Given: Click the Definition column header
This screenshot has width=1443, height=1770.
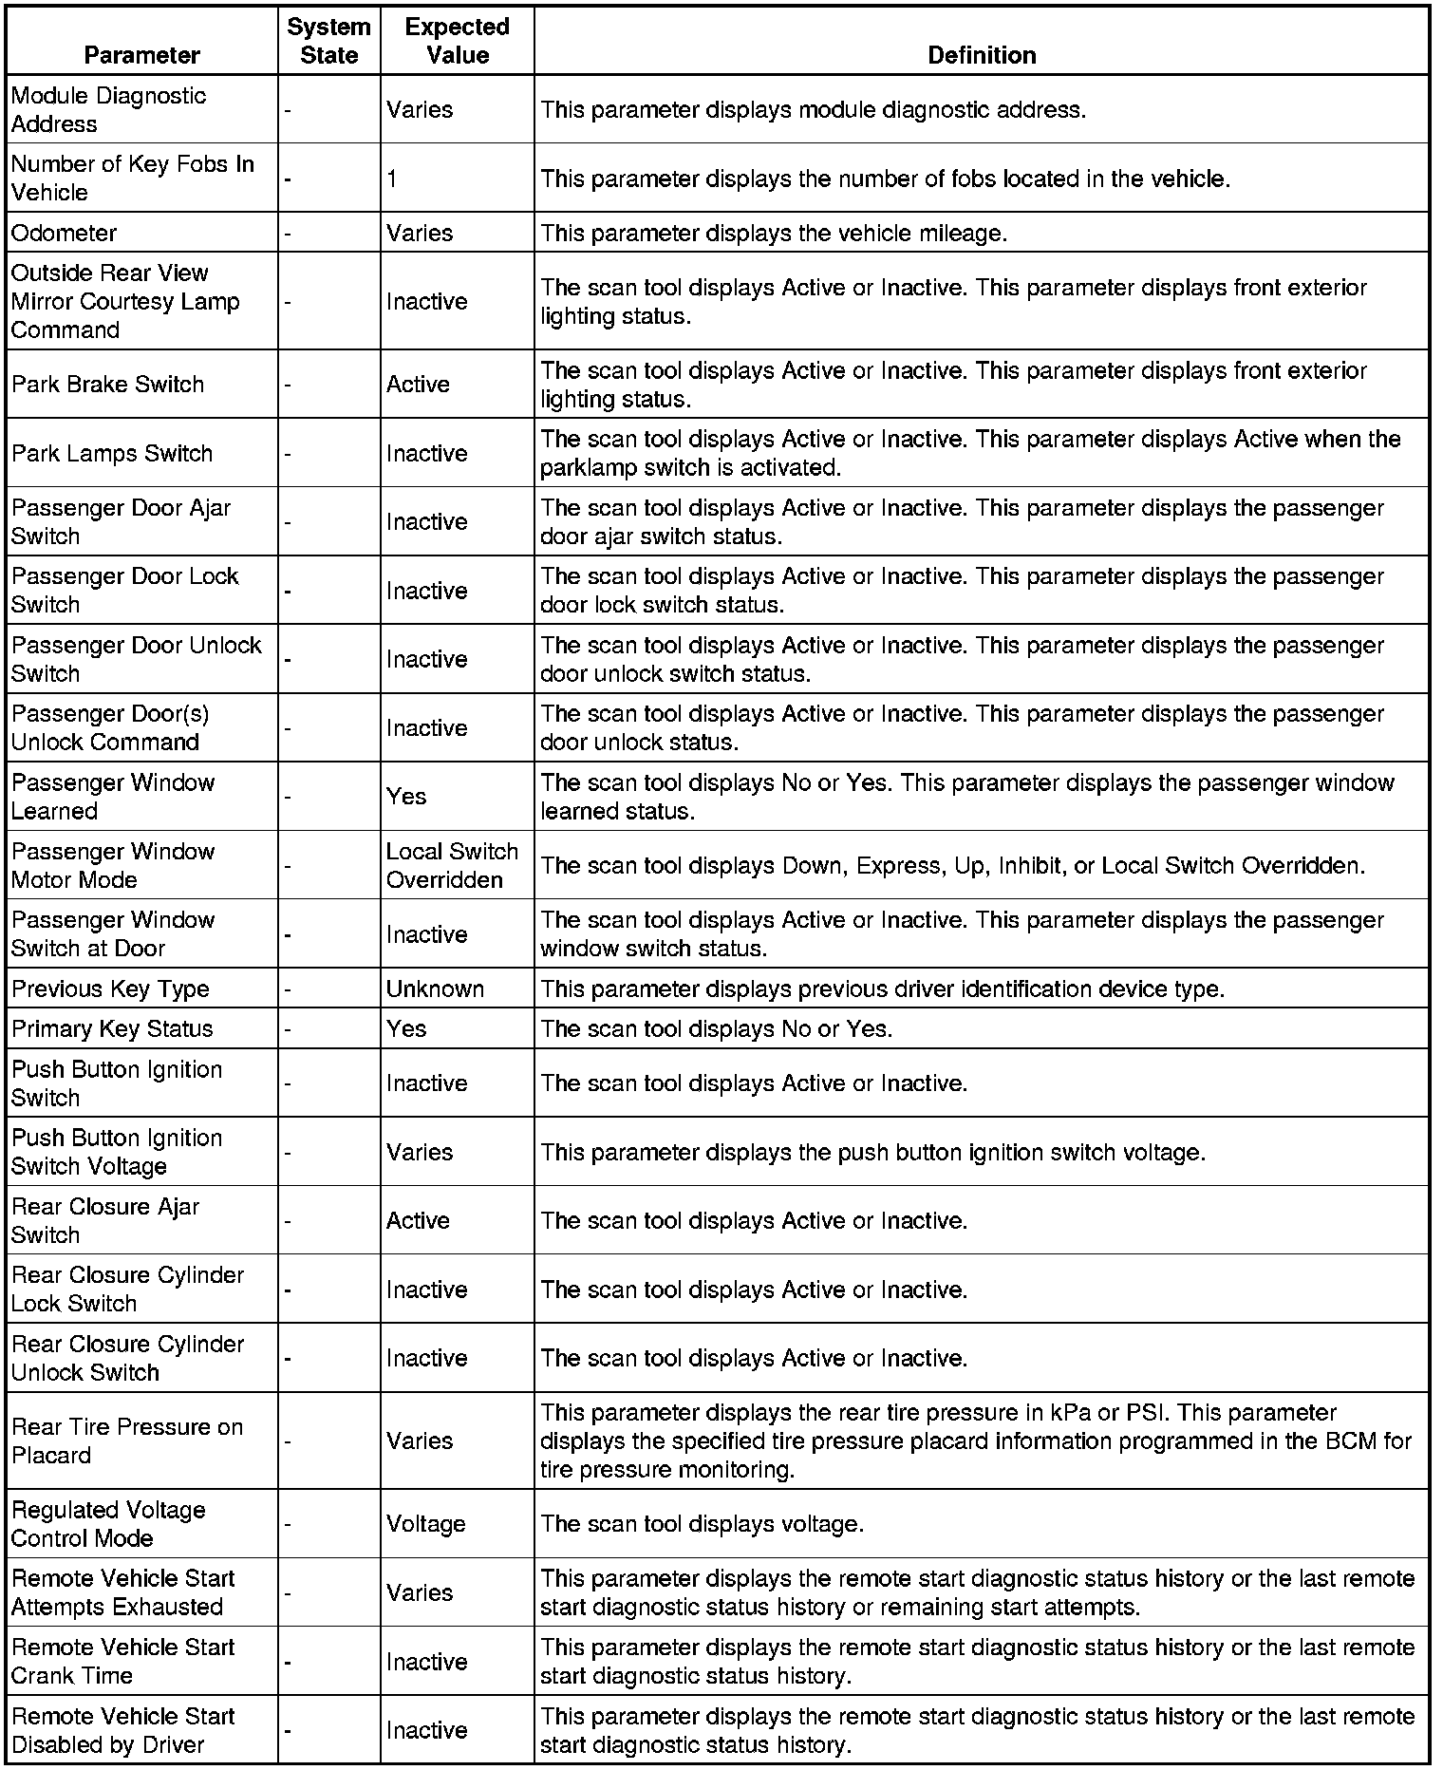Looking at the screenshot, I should tap(981, 55).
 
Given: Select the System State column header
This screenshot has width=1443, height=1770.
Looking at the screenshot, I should tap(328, 41).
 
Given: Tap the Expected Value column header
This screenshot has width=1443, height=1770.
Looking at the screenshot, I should tap(457, 41).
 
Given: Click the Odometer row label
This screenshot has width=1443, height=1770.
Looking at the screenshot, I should tap(65, 233).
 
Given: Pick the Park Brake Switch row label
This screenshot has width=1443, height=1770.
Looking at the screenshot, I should tap(108, 385).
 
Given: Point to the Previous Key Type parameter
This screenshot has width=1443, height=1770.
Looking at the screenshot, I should tap(110, 989).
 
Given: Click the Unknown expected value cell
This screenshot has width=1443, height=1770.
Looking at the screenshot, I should tap(435, 989).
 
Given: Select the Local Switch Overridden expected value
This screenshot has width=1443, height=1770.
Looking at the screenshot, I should tap(452, 865).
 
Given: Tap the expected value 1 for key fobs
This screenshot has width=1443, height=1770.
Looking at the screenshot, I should tap(392, 179).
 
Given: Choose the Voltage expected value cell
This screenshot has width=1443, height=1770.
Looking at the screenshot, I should tap(425, 1524).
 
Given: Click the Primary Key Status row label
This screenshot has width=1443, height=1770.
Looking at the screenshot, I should tap(112, 1028).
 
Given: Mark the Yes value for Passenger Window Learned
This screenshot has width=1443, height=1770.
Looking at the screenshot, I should tap(406, 797).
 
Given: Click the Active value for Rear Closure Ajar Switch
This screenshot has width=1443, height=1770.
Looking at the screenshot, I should tap(418, 1220).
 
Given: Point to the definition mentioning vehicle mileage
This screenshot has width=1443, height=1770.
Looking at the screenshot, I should tap(774, 233).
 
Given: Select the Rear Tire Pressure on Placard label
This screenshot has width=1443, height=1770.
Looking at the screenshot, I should tap(127, 1440).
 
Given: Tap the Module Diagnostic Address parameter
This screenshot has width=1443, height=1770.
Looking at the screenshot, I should tap(108, 109).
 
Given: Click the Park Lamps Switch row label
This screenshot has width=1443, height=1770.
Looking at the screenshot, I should tap(112, 453).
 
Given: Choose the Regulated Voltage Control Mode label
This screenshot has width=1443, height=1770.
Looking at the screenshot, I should tap(108, 1524).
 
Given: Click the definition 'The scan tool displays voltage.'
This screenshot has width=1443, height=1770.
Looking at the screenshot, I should tap(702, 1524).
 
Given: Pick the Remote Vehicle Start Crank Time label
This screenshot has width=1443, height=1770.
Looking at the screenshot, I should tap(122, 1661).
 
